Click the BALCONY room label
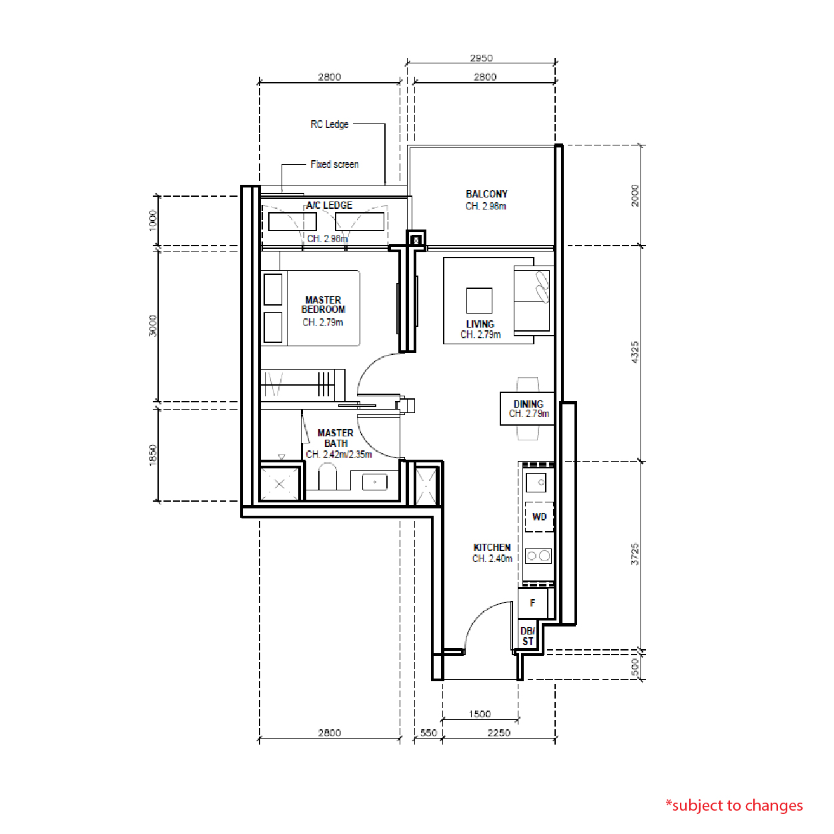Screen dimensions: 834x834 click(x=486, y=194)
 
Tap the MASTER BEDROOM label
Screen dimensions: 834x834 click(x=323, y=305)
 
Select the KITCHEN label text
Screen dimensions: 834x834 click(x=492, y=548)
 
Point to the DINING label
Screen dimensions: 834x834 click(x=528, y=404)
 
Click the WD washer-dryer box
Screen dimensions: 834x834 click(x=539, y=517)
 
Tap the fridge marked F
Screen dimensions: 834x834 click(x=533, y=602)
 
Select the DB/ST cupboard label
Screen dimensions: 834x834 click(x=528, y=637)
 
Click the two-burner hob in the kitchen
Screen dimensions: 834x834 click(x=538, y=556)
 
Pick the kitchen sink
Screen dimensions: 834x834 click(x=536, y=482)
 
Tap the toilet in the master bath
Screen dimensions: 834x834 click(x=328, y=476)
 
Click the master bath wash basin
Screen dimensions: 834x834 click(x=375, y=482)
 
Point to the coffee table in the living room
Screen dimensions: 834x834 click(x=479, y=300)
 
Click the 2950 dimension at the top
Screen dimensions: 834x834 click(x=481, y=58)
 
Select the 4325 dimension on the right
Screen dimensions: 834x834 click(x=635, y=352)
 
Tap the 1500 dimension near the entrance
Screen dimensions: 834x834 click(x=480, y=714)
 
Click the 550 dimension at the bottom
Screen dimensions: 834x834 click(x=428, y=733)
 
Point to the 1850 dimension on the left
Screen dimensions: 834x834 click(x=152, y=455)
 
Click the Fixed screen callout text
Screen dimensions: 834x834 click(x=334, y=164)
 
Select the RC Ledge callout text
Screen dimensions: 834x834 click(x=330, y=124)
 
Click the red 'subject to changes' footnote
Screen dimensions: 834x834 click(x=734, y=806)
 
